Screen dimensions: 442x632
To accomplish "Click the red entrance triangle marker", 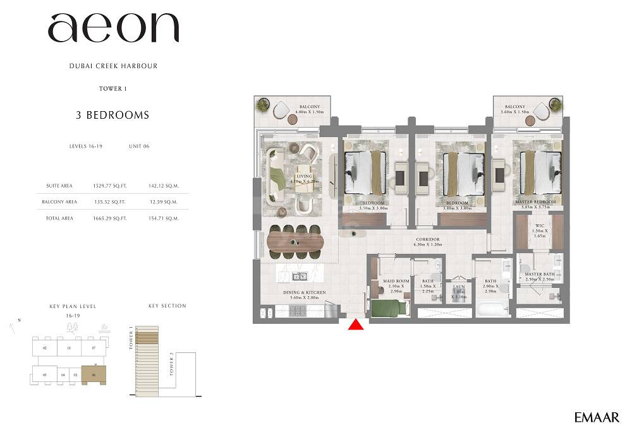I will pyautogui.click(x=356, y=325).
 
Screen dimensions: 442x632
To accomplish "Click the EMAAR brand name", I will pyautogui.click(x=597, y=417).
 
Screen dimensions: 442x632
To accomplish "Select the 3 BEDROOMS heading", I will pyautogui.click(x=112, y=115).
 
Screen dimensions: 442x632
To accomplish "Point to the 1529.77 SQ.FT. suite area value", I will pyautogui.click(x=109, y=186).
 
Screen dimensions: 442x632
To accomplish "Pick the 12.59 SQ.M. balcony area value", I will pyautogui.click(x=162, y=202).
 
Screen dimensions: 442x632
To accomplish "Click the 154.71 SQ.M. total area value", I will pyautogui.click(x=162, y=218).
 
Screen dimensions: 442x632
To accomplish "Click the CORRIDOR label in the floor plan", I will pyautogui.click(x=428, y=240).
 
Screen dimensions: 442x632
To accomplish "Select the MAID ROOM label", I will pyautogui.click(x=396, y=281).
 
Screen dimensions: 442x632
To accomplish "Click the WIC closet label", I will pyautogui.click(x=539, y=225).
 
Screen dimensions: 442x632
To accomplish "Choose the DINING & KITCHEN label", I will pyautogui.click(x=304, y=293).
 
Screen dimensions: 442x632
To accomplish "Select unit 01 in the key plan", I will pyautogui.click(x=69, y=347).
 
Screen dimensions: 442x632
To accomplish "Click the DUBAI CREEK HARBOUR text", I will pyautogui.click(x=113, y=66).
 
